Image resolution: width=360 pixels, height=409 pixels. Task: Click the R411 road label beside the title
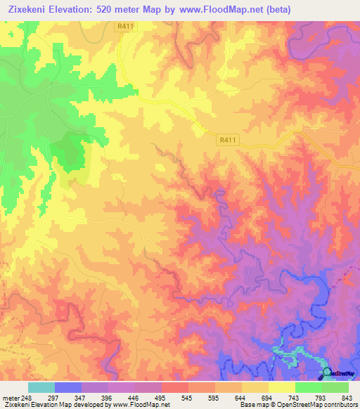tap(124, 26)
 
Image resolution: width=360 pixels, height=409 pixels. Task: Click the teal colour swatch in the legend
tap(41, 387)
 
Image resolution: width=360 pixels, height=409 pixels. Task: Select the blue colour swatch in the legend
tap(68, 387)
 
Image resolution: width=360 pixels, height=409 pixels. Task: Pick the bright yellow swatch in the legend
tap(282, 387)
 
